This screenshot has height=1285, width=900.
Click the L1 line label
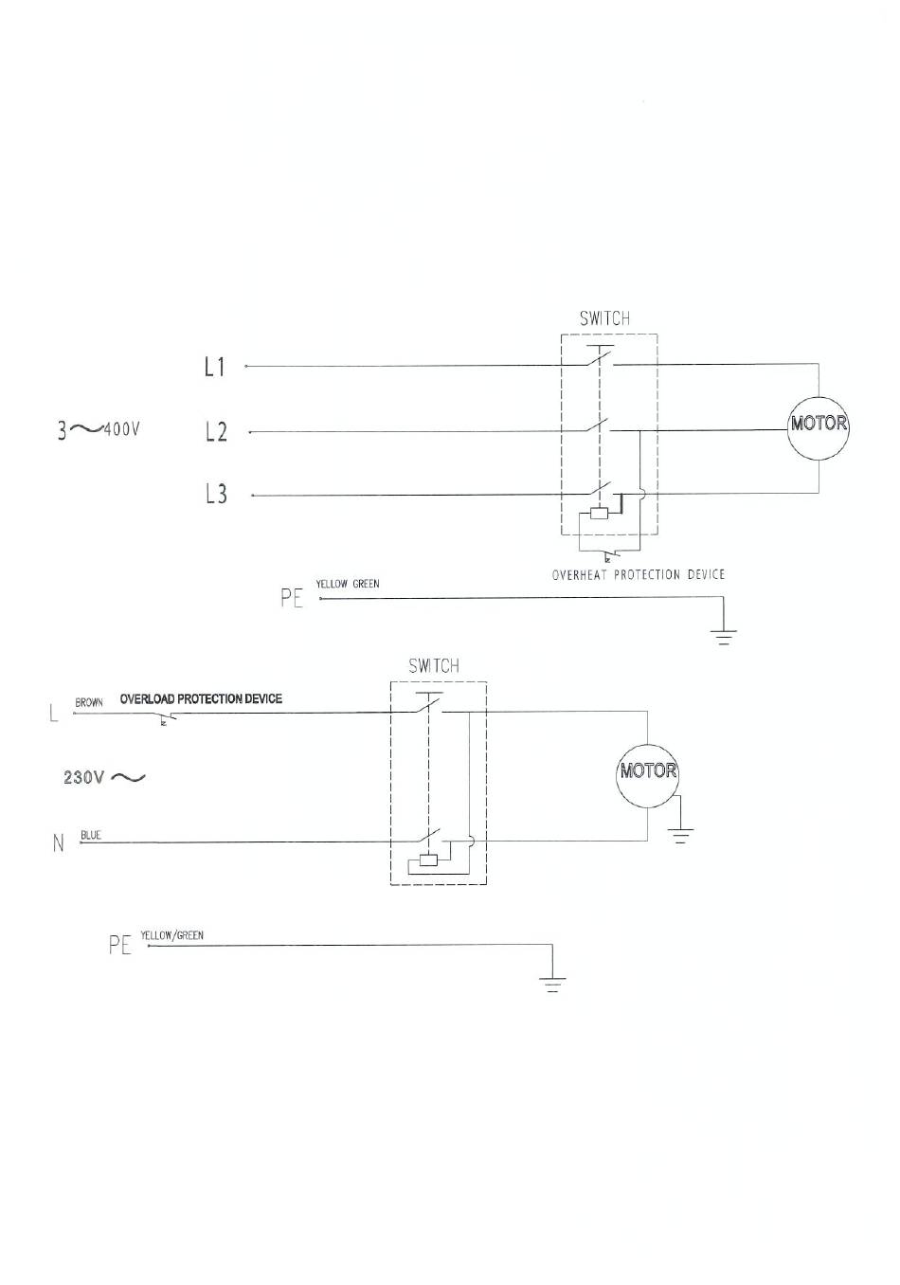214,367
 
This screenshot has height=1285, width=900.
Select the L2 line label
216,431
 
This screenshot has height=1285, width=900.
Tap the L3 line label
216,494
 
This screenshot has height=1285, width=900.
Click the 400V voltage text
121,429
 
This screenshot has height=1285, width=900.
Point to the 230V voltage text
83,778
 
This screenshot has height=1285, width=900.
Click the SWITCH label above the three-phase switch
604,318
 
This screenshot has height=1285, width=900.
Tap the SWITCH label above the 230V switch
434,666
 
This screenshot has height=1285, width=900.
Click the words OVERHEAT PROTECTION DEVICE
638,574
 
